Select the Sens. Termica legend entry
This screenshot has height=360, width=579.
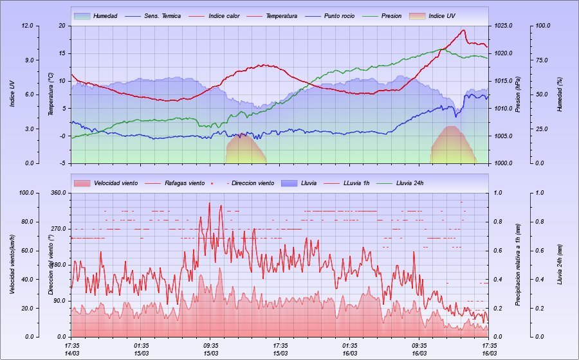click(161, 15)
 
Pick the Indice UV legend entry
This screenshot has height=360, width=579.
click(445, 15)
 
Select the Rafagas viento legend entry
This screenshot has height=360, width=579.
click(185, 183)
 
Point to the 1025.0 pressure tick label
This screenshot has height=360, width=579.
click(503, 26)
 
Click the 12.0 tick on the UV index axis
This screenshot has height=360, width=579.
click(27, 26)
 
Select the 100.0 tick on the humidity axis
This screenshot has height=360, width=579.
click(543, 26)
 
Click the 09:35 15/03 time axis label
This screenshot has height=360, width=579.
click(211, 349)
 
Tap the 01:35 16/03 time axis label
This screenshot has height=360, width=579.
click(350, 349)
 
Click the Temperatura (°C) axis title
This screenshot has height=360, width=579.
click(51, 94)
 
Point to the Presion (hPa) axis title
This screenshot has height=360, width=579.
click(519, 94)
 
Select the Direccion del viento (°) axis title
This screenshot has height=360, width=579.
click(51, 264)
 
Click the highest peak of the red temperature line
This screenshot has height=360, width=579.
click(463, 30)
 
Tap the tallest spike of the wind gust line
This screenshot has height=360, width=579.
click(209, 203)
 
